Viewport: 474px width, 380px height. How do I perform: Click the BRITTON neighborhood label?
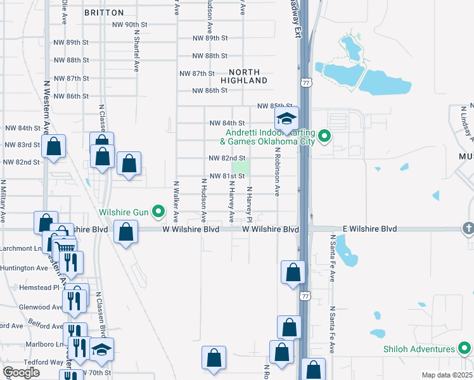click(104, 13)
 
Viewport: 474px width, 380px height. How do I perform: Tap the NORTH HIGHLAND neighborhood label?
click(244, 76)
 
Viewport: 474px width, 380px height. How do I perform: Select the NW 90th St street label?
click(130, 25)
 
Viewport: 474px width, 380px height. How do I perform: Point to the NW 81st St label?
click(226, 175)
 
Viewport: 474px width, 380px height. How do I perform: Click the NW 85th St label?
click(274, 106)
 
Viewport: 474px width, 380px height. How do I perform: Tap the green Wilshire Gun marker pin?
click(158, 212)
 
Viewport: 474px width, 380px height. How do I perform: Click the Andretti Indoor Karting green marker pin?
click(324, 136)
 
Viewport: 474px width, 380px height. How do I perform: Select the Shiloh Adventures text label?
click(419, 349)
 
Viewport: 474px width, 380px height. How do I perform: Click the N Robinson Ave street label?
click(277, 177)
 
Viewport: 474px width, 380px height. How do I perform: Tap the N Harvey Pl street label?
click(250, 204)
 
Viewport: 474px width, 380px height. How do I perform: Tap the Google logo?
click(21, 372)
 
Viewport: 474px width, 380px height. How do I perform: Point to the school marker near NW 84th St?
click(286, 119)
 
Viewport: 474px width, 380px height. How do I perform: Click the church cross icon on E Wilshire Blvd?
click(468, 228)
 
